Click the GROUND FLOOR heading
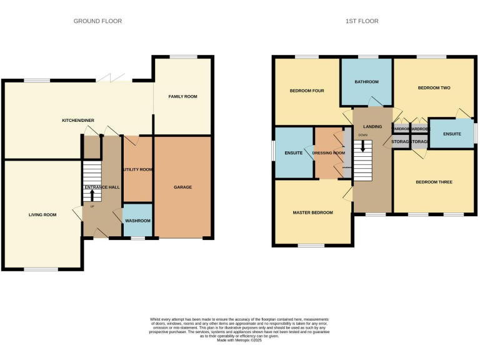pyautogui.click(x=97, y=21)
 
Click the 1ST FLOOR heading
pyautogui.click(x=362, y=21)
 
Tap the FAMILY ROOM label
pyautogui.click(x=182, y=97)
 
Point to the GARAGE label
pyautogui.click(x=182, y=187)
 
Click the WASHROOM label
pyautogui.click(x=137, y=221)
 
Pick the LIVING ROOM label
pyautogui.click(x=42, y=215)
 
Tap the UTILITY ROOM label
pyautogui.click(x=138, y=169)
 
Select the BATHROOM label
pyautogui.click(x=366, y=82)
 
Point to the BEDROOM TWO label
pyautogui.click(x=434, y=88)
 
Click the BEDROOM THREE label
pyautogui.click(x=434, y=182)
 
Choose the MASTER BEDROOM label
pyautogui.click(x=312, y=212)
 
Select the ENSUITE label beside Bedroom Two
pyautogui.click(x=451, y=134)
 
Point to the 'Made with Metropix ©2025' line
pyautogui.click(x=240, y=340)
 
